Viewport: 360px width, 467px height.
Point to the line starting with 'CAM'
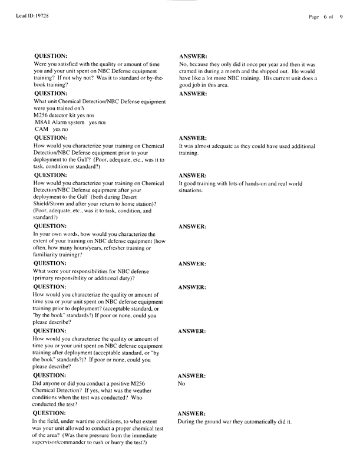[x=42, y=129]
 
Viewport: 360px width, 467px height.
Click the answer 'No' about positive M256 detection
[x=183, y=382]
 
